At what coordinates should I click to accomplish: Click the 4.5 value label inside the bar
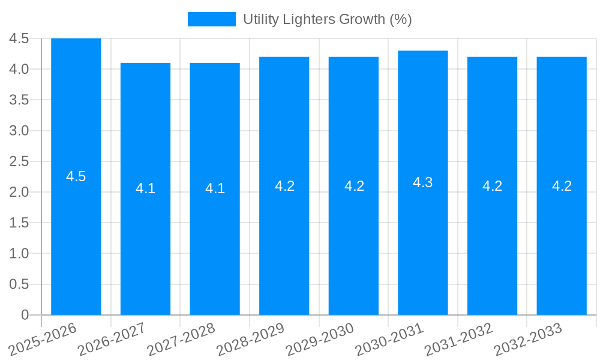76,176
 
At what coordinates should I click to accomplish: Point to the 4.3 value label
423,182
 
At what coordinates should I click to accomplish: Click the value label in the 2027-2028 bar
215,188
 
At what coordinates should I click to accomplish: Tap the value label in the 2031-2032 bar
492,185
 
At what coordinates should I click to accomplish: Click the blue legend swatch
211,19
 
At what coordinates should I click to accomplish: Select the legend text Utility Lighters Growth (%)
327,19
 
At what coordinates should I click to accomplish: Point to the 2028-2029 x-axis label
251,339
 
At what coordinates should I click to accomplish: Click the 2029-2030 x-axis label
320,339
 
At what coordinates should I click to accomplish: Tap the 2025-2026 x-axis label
43,339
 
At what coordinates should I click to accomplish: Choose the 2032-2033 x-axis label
529,339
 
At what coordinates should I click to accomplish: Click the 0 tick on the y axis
25,315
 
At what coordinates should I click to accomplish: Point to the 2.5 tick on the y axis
19,161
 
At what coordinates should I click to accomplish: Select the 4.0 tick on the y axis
19,69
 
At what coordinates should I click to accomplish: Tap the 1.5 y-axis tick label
19,223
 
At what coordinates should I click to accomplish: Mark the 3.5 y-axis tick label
19,100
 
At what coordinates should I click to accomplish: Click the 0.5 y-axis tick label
19,284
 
